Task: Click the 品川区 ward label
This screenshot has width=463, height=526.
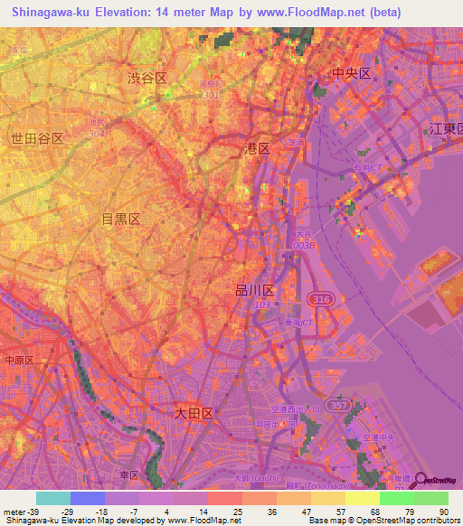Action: click(254, 291)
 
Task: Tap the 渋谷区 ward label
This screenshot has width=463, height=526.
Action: click(147, 80)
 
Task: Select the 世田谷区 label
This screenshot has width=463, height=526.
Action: click(37, 138)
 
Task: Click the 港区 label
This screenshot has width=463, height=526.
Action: click(258, 147)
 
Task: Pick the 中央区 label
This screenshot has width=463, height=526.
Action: click(352, 74)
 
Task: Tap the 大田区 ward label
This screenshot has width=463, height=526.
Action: click(193, 413)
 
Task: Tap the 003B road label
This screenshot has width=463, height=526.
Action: click(305, 246)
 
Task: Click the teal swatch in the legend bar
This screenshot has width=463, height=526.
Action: click(53, 498)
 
